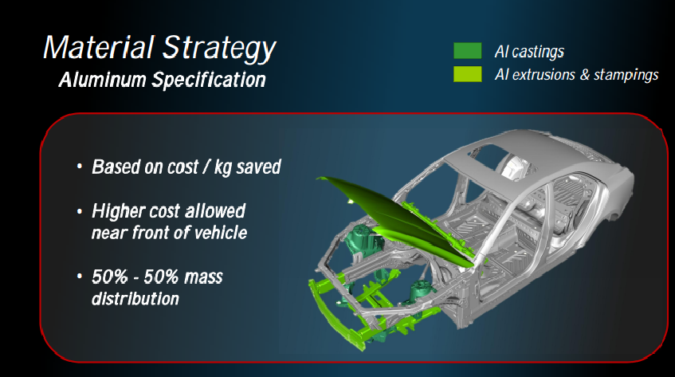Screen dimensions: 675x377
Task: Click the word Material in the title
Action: pos(99,47)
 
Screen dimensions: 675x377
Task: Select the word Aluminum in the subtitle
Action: pos(103,80)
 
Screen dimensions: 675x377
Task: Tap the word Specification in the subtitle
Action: pos(209,81)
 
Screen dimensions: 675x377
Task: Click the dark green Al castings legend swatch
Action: pos(468,51)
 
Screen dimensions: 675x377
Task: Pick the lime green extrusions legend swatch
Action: pos(468,74)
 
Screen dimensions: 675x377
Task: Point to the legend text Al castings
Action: pos(529,52)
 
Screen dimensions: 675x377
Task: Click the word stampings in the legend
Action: pos(626,75)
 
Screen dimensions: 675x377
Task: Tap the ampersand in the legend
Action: pos(584,74)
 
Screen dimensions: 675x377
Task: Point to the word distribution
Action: pos(135,299)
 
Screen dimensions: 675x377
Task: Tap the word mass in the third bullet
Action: pos(204,277)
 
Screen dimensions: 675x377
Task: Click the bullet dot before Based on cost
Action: pos(79,167)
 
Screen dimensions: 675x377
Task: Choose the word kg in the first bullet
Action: pos(223,167)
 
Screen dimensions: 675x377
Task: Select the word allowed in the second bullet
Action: pos(215,211)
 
